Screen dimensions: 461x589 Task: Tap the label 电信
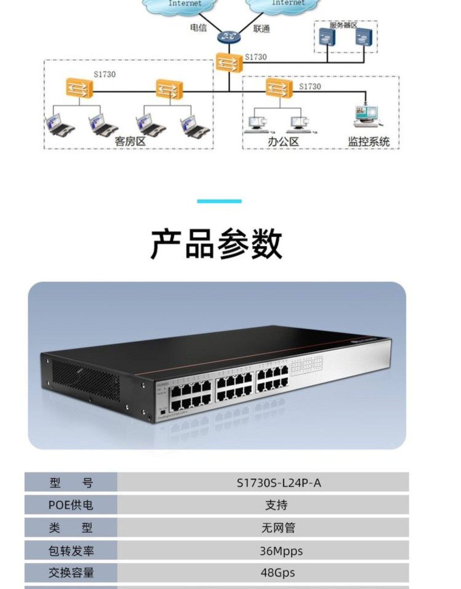pos(198,28)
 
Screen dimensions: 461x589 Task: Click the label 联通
pos(261,29)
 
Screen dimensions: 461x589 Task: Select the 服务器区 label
pos(343,25)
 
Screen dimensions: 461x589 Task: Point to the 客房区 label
pos(130,142)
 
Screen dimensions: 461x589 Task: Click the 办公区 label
pos(283,142)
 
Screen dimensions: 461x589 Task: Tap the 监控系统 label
pos(369,142)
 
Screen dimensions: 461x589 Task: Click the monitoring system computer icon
pos(367,116)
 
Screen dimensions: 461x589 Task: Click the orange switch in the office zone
pos(279,88)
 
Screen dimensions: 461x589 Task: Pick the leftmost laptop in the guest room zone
pos(59,124)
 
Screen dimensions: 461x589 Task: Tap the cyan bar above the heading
pos(219,201)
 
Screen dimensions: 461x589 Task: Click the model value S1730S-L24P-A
pos(278,483)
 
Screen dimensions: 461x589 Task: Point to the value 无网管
pos(278,528)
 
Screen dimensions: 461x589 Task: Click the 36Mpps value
pos(281,551)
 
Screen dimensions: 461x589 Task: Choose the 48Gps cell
pos(278,572)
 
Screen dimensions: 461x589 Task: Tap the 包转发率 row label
pos(71,551)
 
